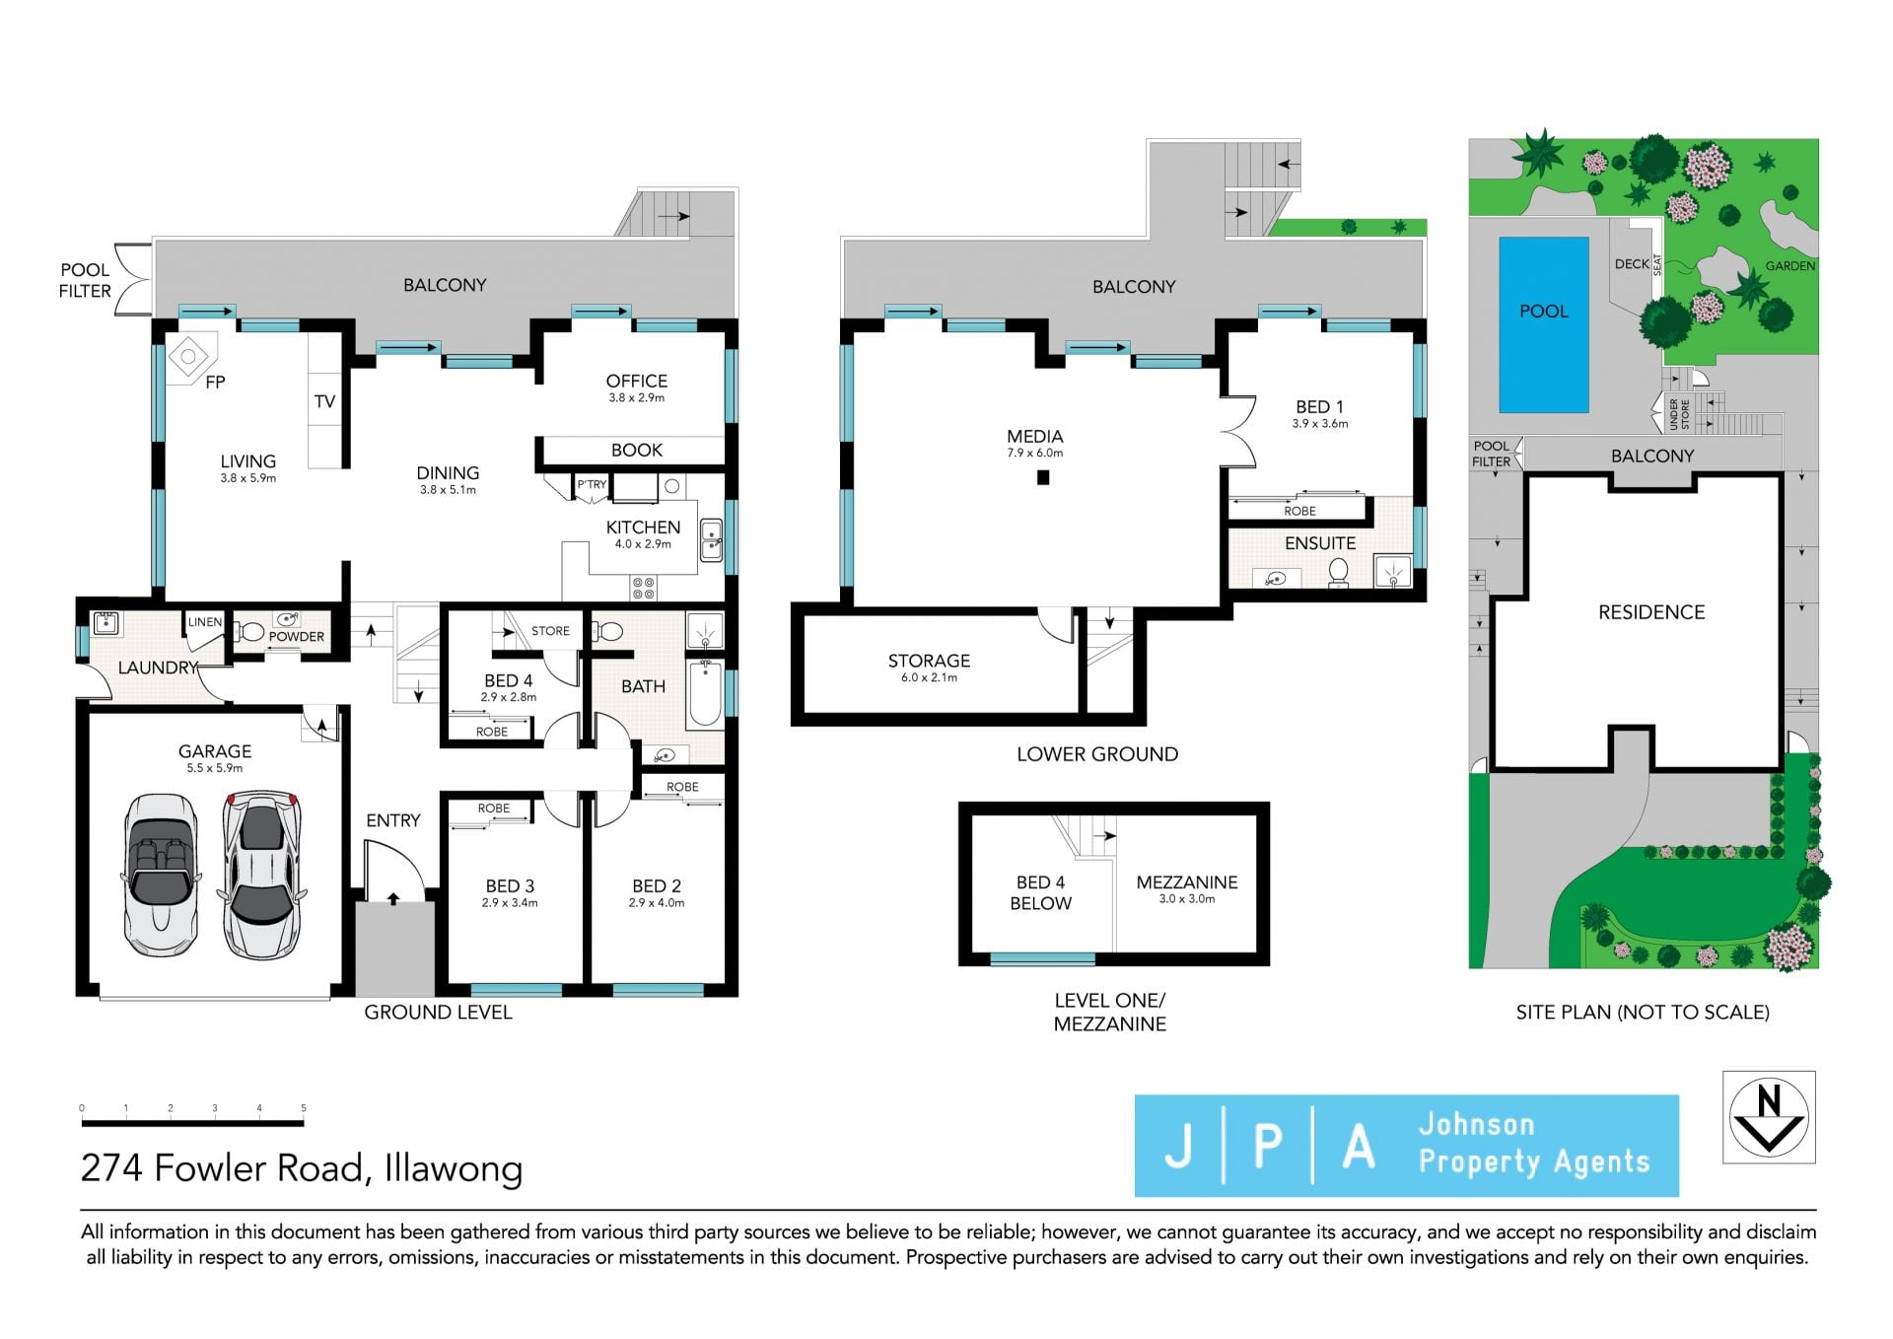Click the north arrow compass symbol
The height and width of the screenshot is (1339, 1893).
[x=1769, y=1117]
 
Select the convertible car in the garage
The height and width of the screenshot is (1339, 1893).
[x=160, y=877]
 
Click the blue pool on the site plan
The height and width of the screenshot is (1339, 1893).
[x=1543, y=324]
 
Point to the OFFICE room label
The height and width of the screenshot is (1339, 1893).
[x=637, y=381]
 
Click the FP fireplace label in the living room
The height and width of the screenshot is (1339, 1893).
[x=215, y=382]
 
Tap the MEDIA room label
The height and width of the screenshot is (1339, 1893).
[x=1035, y=436]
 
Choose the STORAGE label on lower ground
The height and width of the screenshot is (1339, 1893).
[x=929, y=661]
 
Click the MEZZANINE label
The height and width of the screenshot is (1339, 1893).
[x=1187, y=882]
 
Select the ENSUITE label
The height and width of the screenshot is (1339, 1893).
[x=1320, y=543]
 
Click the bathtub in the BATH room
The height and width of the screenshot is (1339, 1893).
[x=704, y=694]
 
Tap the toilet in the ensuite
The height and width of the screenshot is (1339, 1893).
[x=1338, y=573]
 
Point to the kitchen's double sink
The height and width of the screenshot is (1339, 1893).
[x=711, y=539]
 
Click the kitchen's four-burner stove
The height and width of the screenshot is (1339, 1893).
[x=644, y=589]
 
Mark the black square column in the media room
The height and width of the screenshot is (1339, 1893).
[x=1043, y=478]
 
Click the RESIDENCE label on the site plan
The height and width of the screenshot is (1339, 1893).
[x=1651, y=612]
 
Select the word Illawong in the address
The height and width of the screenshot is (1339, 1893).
[x=454, y=1169]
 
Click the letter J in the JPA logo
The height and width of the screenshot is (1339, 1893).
[x=1178, y=1146]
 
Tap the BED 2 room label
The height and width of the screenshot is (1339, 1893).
[x=657, y=886]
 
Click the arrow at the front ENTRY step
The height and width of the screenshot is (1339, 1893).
[x=393, y=899]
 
